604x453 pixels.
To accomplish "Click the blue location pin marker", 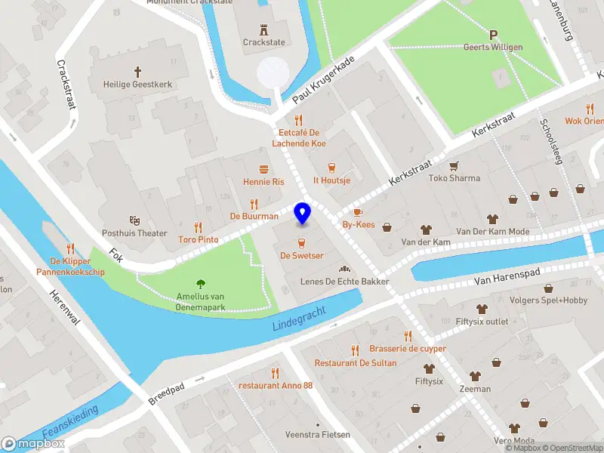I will coord(303,214).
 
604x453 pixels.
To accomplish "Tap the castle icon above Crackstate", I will coord(264,29).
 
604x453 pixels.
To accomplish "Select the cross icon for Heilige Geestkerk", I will coord(137,72).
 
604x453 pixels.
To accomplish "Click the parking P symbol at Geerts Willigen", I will coord(495,35).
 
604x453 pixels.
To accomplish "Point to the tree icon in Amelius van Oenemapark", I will coord(201,284).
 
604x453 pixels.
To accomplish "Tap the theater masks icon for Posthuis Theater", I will coord(135,220).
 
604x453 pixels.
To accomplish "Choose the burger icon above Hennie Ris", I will coord(263,169).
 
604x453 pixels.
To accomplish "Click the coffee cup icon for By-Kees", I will coord(358,212).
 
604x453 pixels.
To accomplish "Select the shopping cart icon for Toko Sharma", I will coord(454,166).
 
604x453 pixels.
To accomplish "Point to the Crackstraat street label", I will coord(66,83).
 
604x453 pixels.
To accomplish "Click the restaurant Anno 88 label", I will coord(276,386).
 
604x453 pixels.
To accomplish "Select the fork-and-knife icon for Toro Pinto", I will coord(198,226).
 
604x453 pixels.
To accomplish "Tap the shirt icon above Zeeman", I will coord(475,376).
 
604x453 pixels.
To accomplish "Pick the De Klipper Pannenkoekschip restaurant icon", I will coord(70,248).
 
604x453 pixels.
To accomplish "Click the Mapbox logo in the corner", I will coord(33,444).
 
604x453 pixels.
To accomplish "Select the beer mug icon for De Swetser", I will coord(302,242).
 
